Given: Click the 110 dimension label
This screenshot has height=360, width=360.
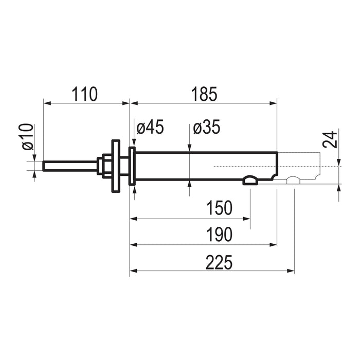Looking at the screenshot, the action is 85,94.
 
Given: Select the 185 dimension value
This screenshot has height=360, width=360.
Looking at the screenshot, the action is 204,94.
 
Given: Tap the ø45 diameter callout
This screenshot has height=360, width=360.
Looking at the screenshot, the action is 150,127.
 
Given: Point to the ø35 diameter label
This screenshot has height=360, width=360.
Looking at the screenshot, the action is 207,127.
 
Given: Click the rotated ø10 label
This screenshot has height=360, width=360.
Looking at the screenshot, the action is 28,137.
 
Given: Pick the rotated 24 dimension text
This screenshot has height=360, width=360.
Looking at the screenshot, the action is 330,139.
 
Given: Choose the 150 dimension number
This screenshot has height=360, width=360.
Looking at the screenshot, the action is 220,208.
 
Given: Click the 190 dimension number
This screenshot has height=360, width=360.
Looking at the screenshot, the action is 220,235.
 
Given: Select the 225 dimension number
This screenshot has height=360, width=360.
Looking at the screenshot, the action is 219,262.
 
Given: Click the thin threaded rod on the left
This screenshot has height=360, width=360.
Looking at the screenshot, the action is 70,166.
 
